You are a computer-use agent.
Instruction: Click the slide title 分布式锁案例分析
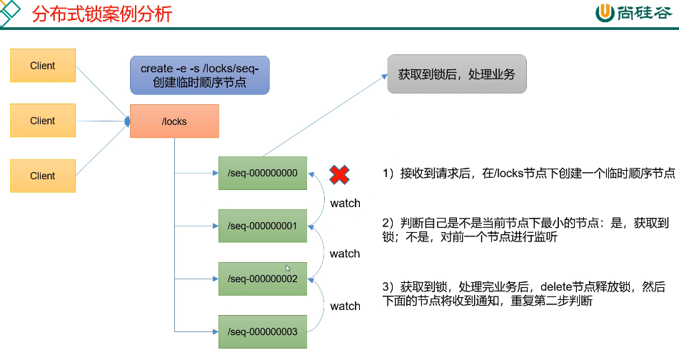coord(102,14)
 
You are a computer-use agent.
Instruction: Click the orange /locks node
coord(174,121)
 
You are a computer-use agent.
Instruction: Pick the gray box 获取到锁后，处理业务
coord(457,74)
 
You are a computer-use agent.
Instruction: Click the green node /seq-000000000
coord(262,173)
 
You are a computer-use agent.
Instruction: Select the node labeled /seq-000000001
coord(262,226)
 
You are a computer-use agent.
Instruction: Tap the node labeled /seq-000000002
coord(262,279)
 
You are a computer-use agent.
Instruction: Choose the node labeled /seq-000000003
coord(262,331)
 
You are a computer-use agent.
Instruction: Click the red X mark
coord(339,174)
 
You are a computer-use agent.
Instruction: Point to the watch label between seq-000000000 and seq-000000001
coord(345,204)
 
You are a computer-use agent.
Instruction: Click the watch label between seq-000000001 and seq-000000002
coord(345,254)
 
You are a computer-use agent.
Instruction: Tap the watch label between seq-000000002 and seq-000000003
coord(345,306)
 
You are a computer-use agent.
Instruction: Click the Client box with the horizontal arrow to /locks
coord(43,121)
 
